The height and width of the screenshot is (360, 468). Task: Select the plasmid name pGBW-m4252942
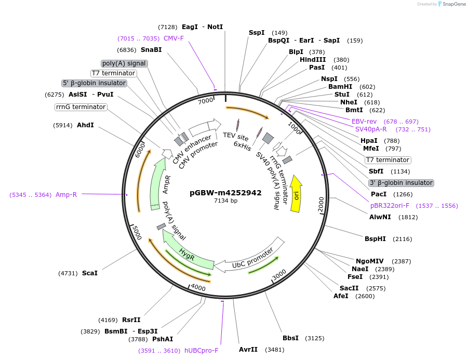(225, 193)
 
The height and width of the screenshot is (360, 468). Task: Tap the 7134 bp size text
(225, 201)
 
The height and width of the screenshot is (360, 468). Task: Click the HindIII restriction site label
(313, 60)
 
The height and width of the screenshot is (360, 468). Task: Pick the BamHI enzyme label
(340, 87)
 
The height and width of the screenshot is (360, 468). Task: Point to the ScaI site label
(90, 273)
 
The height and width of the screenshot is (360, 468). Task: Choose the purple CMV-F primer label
(173, 38)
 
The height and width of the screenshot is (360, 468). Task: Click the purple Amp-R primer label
(66, 195)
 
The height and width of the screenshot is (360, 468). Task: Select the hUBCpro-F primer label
(202, 351)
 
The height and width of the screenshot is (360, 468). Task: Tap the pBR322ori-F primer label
(390, 206)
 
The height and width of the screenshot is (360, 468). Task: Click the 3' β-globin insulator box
(400, 183)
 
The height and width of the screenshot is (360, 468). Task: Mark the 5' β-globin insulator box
(94, 83)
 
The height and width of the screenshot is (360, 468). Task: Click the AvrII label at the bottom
(248, 350)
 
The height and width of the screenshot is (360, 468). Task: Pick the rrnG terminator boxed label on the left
(81, 107)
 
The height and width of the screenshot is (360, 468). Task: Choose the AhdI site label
(86, 125)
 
